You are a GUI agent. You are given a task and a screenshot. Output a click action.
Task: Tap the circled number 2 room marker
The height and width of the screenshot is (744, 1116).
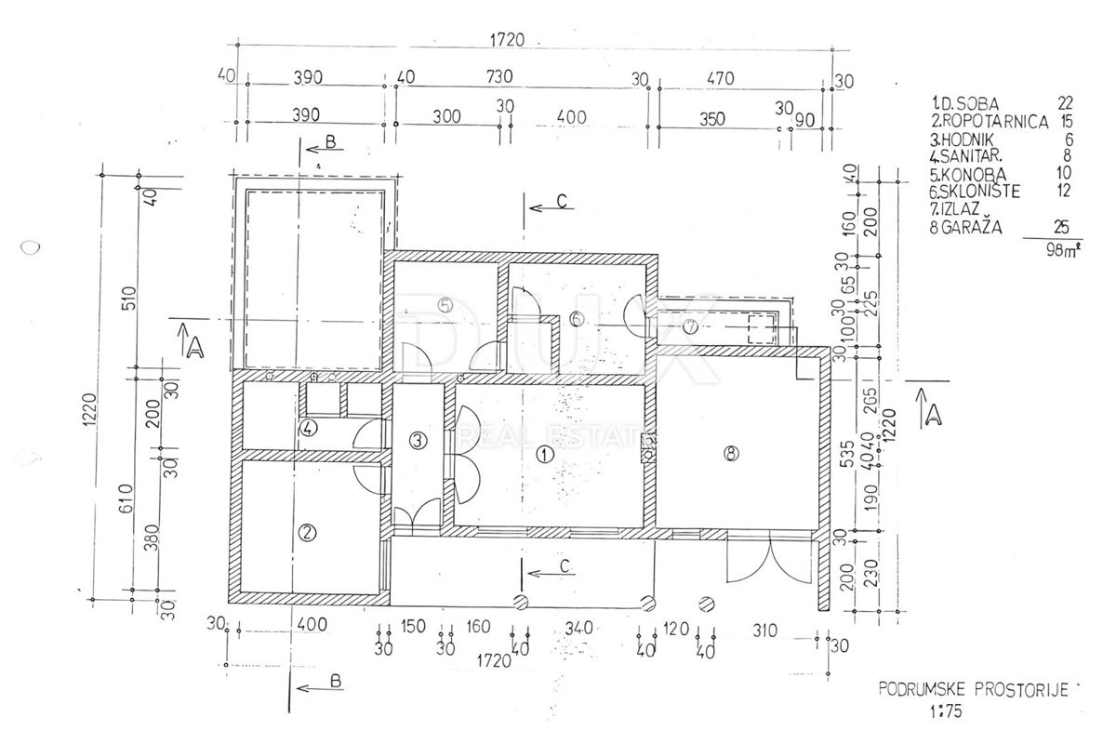coord(307,533)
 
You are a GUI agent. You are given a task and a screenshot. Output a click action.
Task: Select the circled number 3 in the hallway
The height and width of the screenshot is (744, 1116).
coord(419,440)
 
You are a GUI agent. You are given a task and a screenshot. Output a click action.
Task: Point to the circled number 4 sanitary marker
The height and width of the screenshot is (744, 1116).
coord(308,429)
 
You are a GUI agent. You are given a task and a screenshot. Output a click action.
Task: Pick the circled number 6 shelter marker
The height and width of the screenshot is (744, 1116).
coord(577,320)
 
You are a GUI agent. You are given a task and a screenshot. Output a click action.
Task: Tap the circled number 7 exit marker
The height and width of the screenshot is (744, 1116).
coord(691,326)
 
